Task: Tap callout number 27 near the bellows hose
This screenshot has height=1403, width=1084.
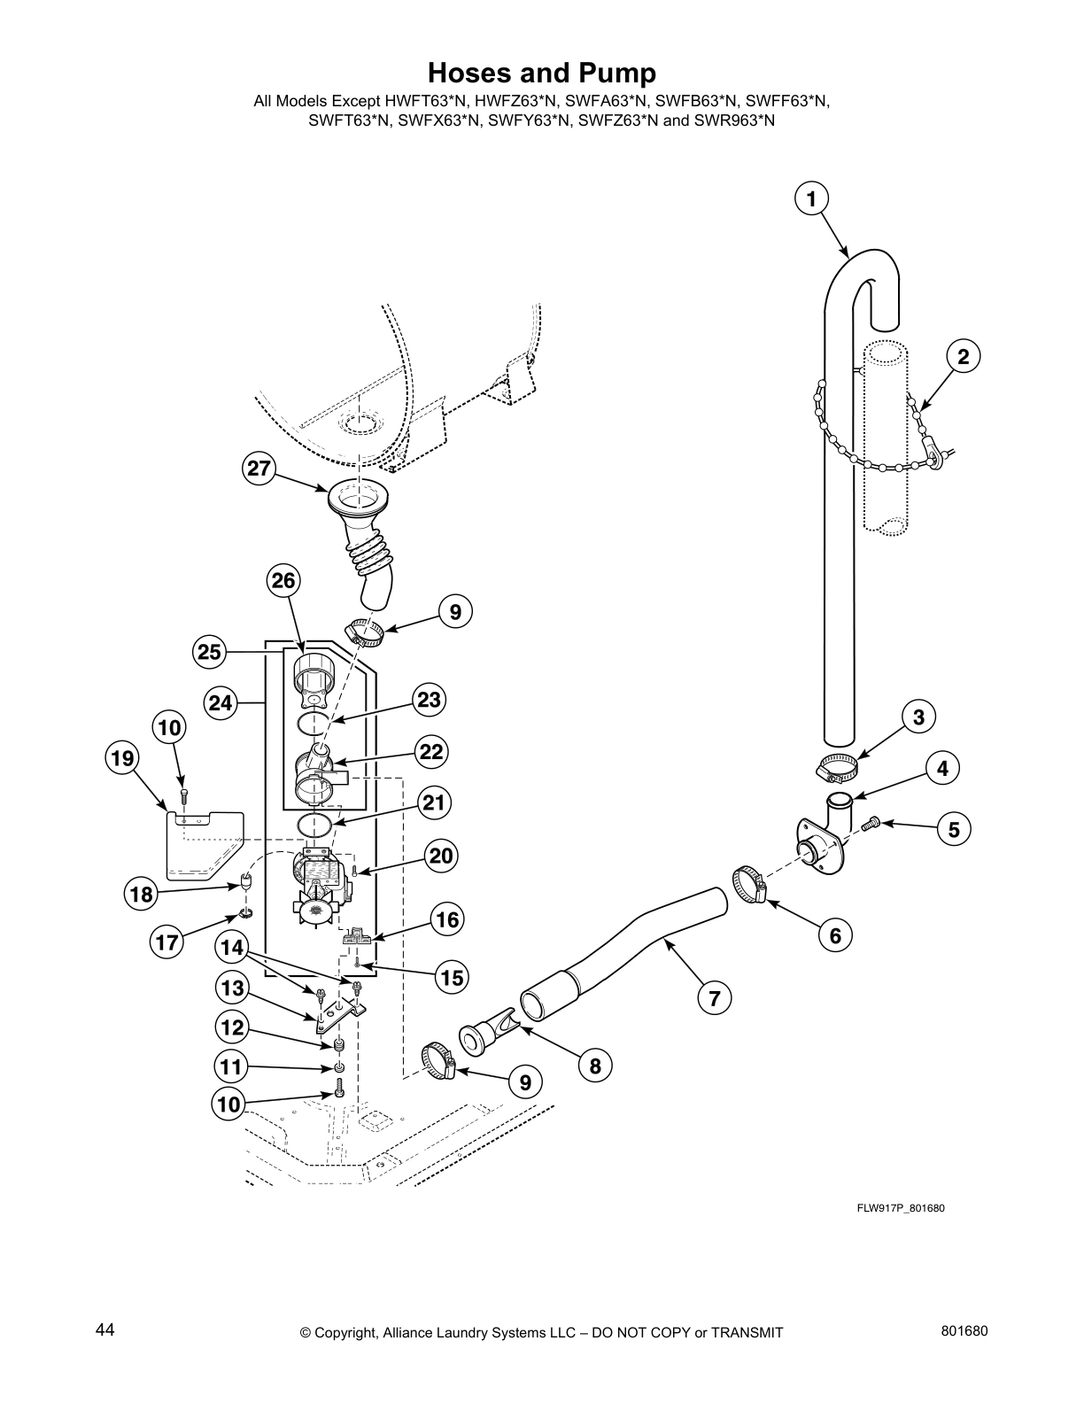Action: (x=258, y=469)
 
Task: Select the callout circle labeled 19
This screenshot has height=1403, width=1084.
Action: (x=123, y=758)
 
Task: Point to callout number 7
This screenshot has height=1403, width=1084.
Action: (x=714, y=998)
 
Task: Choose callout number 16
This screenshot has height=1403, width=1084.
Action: (x=447, y=920)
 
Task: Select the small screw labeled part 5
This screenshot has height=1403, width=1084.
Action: (x=870, y=823)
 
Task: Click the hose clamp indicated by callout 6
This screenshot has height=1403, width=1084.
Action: (x=749, y=886)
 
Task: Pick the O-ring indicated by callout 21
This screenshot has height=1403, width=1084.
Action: (x=315, y=824)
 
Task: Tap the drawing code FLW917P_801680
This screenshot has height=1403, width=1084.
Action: (x=894, y=1208)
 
